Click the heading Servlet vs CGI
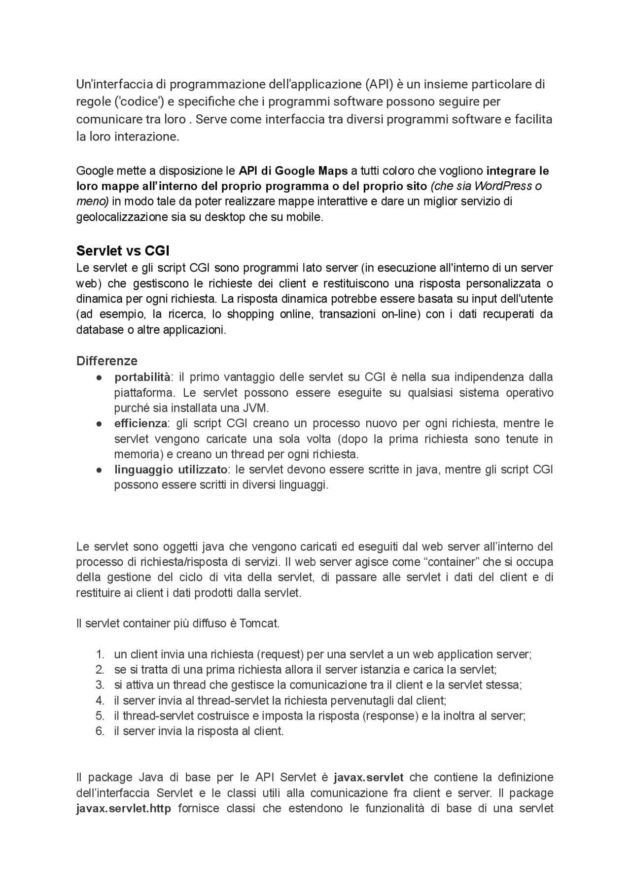tap(123, 251)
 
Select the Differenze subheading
tap(106, 361)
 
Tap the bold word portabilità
tap(142, 377)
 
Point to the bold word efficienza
tap(140, 423)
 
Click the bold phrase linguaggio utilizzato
tap(171, 469)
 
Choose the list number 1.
tap(100, 654)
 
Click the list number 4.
tap(100, 700)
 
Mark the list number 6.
tap(100, 731)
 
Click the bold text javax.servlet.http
tap(123, 808)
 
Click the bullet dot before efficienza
tap(99, 423)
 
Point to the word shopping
tap(250, 314)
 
